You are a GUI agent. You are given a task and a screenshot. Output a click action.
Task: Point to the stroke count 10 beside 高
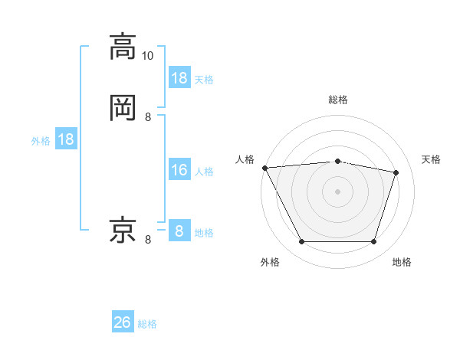click(148, 56)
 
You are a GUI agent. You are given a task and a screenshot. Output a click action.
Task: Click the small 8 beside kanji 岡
click(148, 117)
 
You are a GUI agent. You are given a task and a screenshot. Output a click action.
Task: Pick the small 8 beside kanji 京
click(148, 240)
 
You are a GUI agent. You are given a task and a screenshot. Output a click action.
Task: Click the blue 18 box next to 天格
click(179, 78)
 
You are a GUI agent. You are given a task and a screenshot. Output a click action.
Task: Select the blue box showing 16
click(179, 170)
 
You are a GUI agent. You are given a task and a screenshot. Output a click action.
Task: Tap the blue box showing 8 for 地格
click(179, 231)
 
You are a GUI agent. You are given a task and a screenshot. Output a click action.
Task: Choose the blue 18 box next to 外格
click(66, 139)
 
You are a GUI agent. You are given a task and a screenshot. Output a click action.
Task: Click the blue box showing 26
click(123, 323)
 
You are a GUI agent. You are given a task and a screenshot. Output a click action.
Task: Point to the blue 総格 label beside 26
click(148, 324)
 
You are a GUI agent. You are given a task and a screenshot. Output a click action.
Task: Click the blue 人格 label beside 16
click(205, 172)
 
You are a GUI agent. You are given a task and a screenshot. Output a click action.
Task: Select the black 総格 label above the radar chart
click(338, 100)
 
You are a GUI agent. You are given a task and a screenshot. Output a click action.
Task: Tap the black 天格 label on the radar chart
click(431, 159)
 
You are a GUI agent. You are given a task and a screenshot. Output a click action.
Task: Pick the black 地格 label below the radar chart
click(402, 263)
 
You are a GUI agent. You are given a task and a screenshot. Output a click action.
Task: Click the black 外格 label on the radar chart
click(270, 263)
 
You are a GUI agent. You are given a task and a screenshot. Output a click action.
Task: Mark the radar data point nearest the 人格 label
click(264, 168)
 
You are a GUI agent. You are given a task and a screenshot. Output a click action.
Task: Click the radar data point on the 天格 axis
click(396, 172)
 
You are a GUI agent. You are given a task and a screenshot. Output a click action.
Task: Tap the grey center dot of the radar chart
click(338, 191)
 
